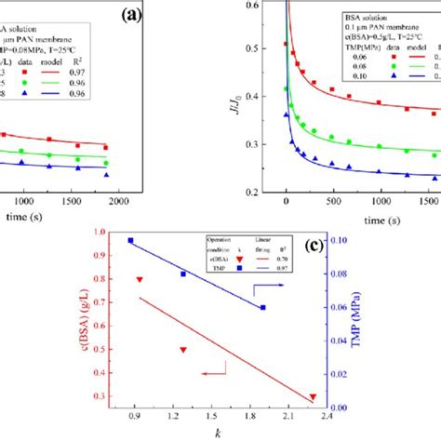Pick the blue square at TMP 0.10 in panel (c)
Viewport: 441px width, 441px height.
[130, 241]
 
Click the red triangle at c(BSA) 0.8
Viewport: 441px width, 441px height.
[140, 279]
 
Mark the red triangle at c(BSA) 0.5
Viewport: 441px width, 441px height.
[183, 350]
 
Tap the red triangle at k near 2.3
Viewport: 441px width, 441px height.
[313, 396]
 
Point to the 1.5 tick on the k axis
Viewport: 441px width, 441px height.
[211, 419]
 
